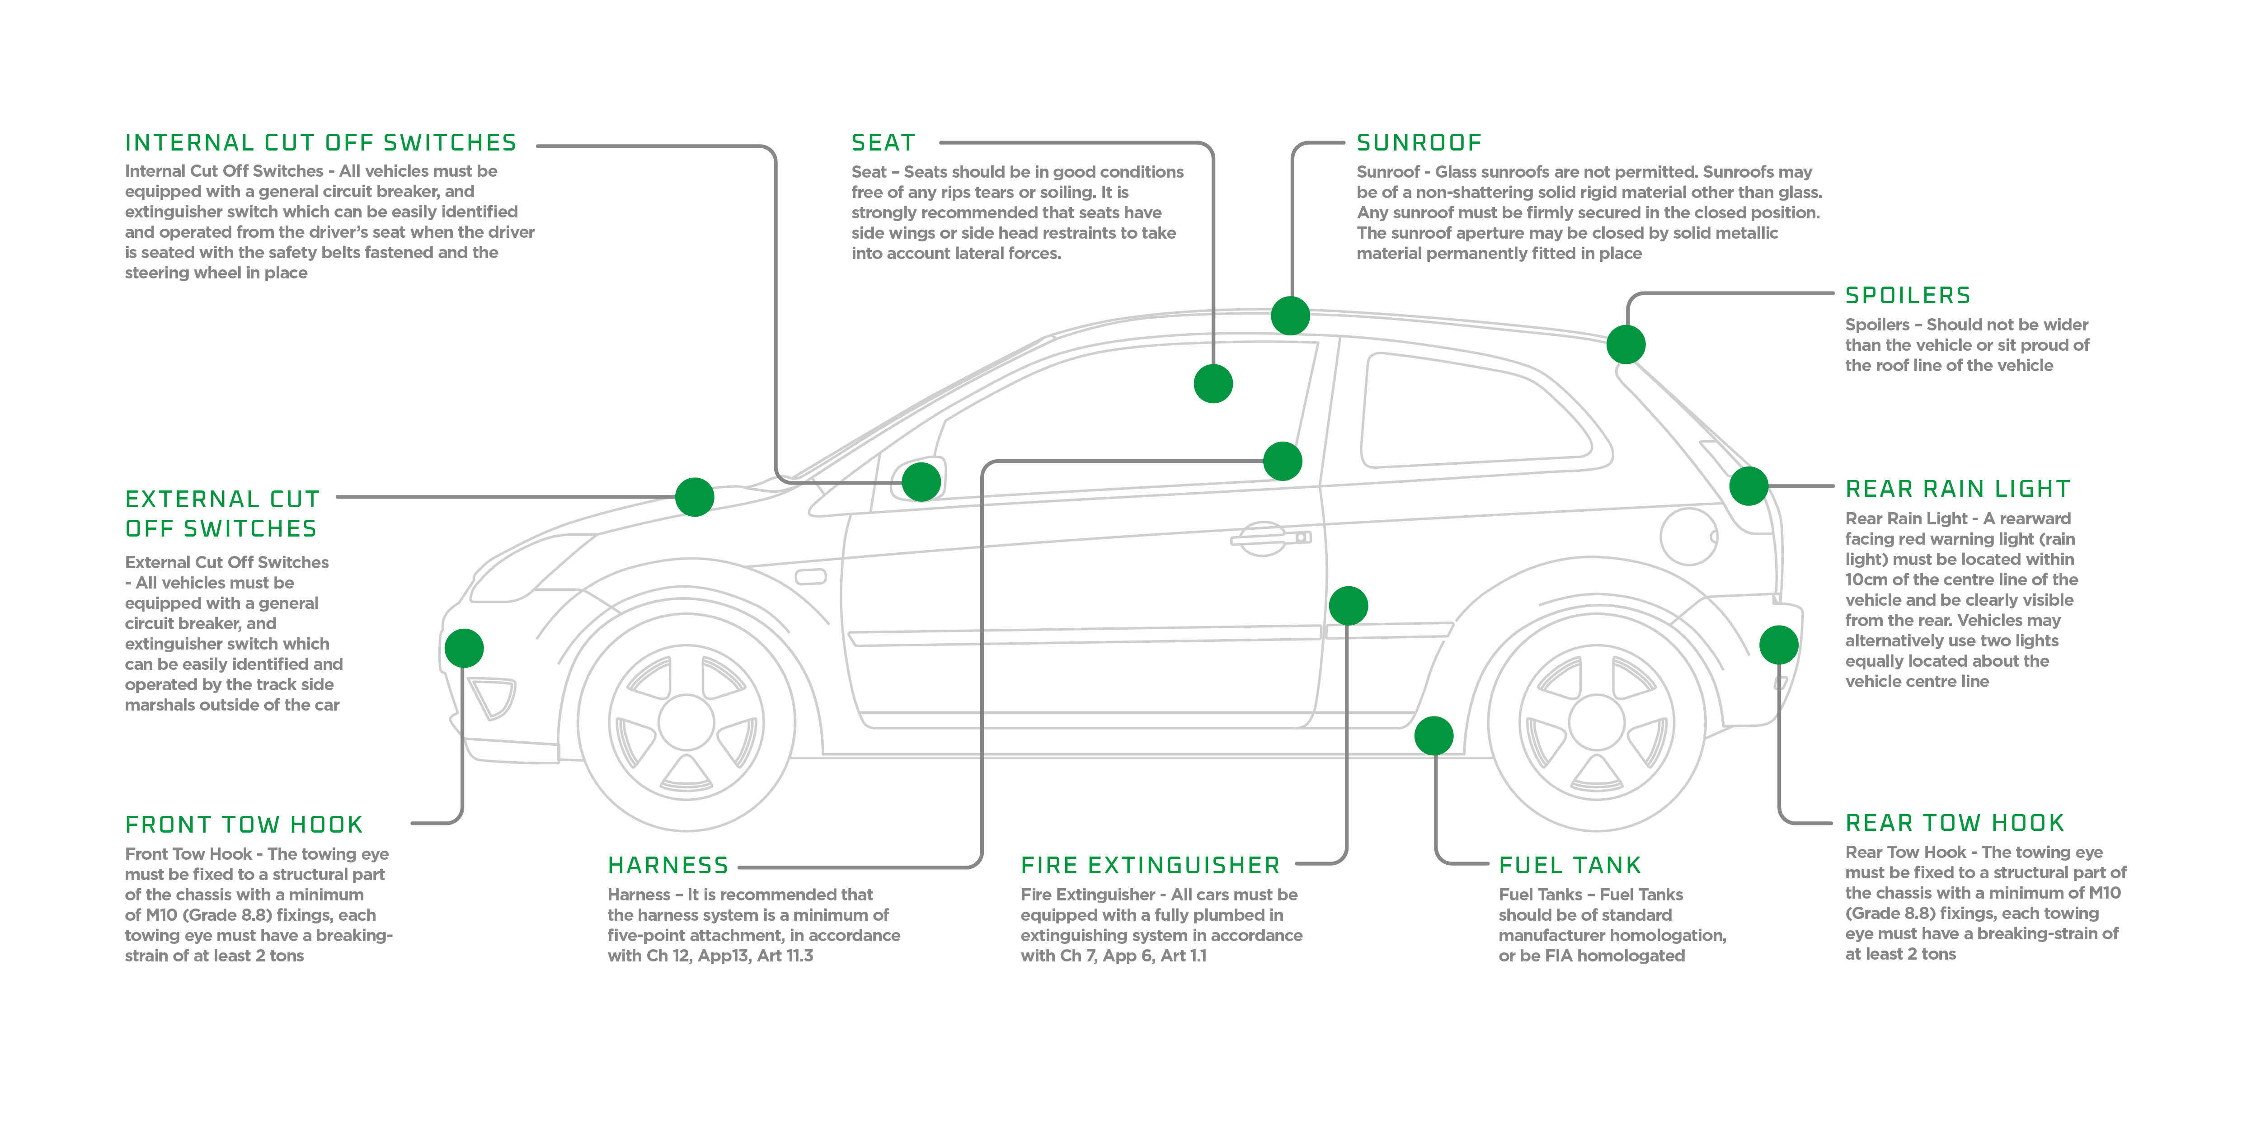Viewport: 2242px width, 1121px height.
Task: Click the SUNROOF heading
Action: [1419, 143]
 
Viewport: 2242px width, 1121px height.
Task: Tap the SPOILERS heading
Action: [1908, 296]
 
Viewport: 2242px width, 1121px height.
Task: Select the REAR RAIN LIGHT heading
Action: [1957, 489]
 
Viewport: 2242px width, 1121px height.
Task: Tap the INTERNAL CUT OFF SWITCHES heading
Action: [320, 143]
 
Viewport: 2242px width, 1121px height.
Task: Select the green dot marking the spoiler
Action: [1625, 344]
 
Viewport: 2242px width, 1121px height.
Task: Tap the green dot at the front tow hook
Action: [464, 648]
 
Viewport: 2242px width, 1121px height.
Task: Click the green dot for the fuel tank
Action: [1434, 736]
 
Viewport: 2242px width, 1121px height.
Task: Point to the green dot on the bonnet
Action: [695, 497]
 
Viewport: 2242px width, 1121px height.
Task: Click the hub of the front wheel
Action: [686, 722]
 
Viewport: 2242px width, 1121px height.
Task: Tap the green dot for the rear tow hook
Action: [1778, 645]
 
